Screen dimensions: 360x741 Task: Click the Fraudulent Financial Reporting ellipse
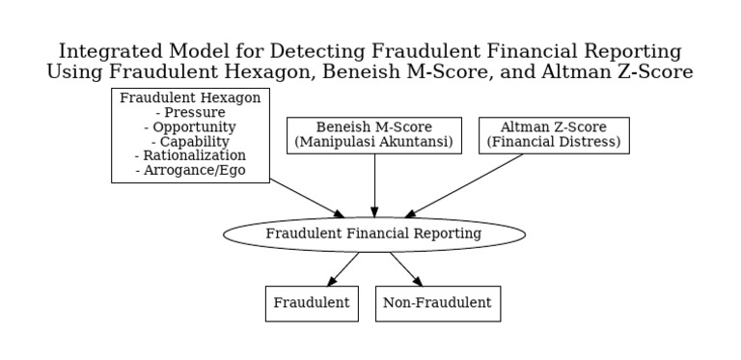(374, 234)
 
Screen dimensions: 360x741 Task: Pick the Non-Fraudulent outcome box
(437, 303)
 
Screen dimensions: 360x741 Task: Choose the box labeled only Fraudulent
(312, 303)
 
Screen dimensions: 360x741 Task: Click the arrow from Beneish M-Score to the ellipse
(374, 185)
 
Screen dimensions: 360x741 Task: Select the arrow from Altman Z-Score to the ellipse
(466, 184)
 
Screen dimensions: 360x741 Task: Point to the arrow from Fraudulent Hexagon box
(307, 198)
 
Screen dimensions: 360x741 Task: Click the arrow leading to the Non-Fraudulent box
(406, 269)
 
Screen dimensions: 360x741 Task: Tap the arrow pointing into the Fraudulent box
(343, 269)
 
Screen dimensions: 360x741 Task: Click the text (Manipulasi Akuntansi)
(374, 142)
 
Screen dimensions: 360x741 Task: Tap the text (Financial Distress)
(554, 142)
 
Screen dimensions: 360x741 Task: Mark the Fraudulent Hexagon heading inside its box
(190, 97)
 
